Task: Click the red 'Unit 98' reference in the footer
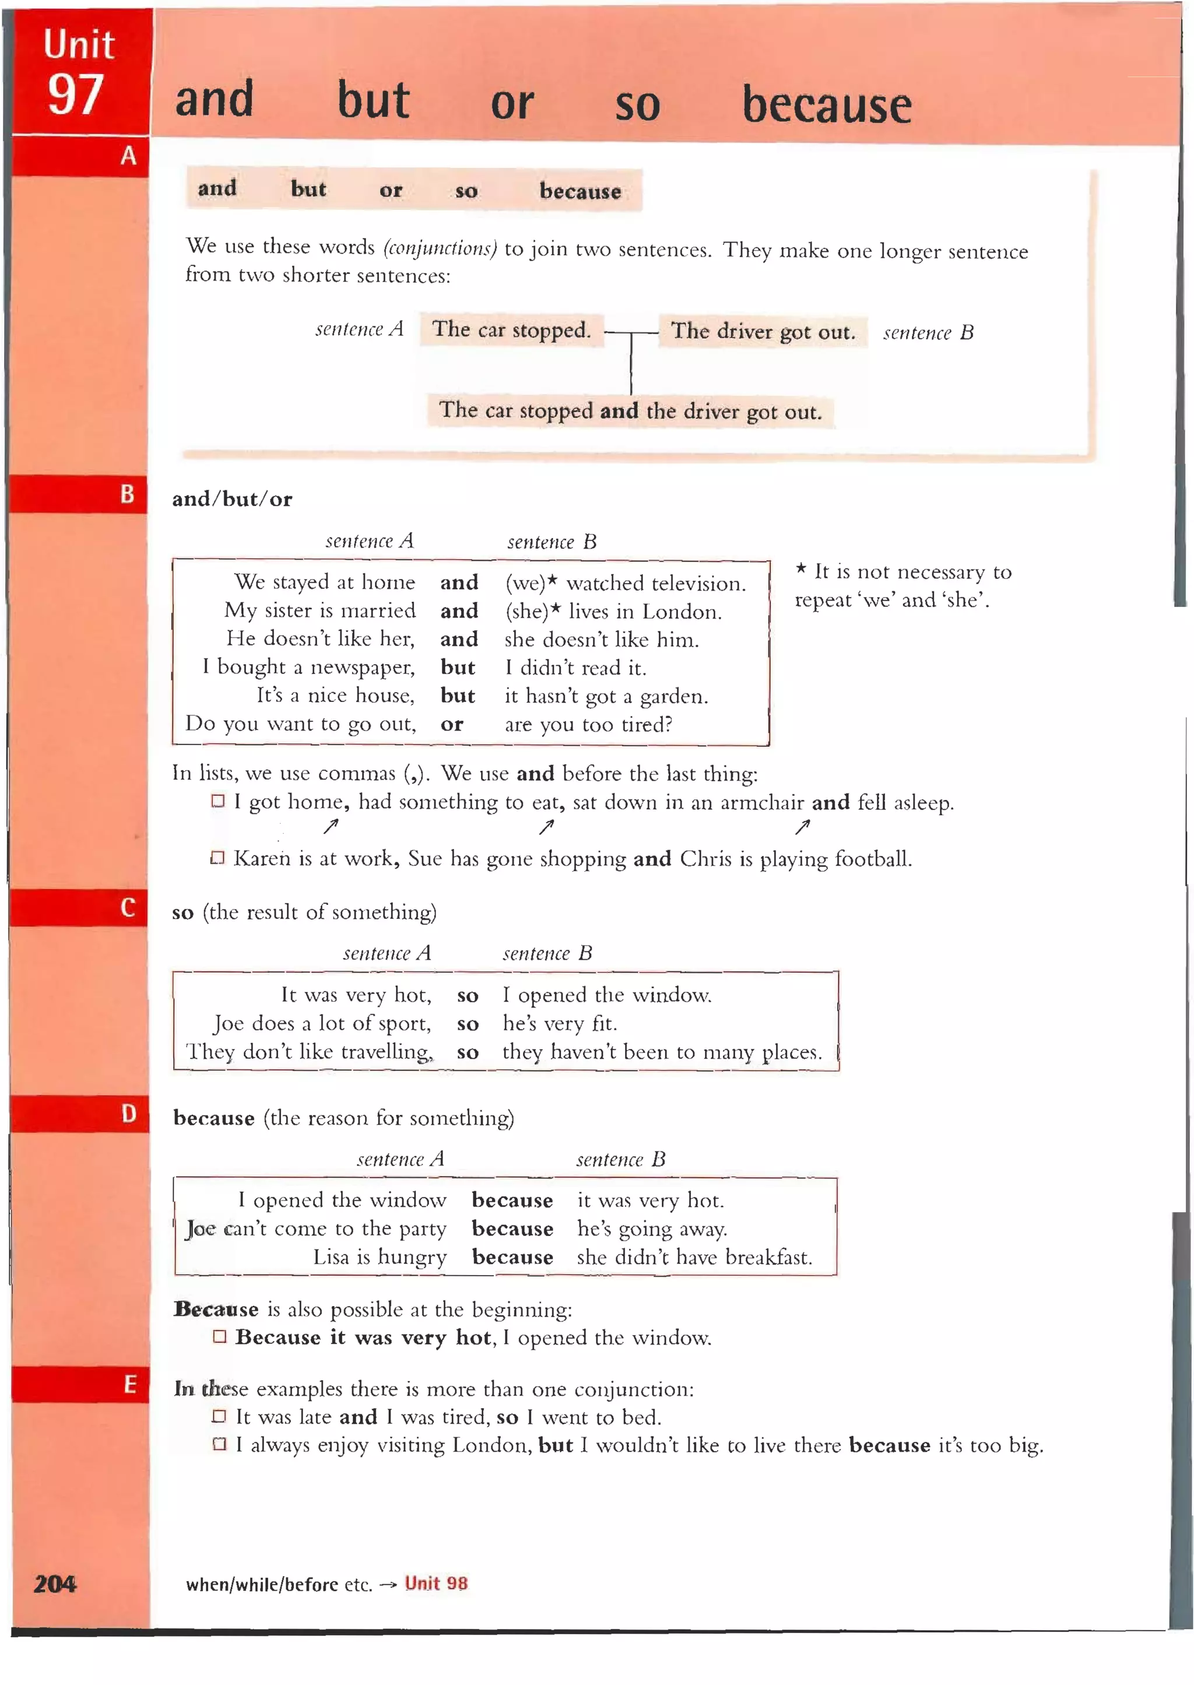coord(436,1583)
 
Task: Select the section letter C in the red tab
coord(128,907)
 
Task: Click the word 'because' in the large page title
coord(826,104)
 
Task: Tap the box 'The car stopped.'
coord(511,329)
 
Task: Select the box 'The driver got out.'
coord(763,332)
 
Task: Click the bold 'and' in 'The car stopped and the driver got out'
coord(619,410)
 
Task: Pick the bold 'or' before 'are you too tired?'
coord(451,724)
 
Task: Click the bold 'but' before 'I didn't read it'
coord(457,668)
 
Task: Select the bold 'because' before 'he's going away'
coord(512,1228)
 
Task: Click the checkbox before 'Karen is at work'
coord(217,858)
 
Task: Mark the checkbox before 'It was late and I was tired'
coord(219,1416)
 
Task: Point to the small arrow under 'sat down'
coord(546,828)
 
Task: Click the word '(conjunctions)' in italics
coord(440,248)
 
